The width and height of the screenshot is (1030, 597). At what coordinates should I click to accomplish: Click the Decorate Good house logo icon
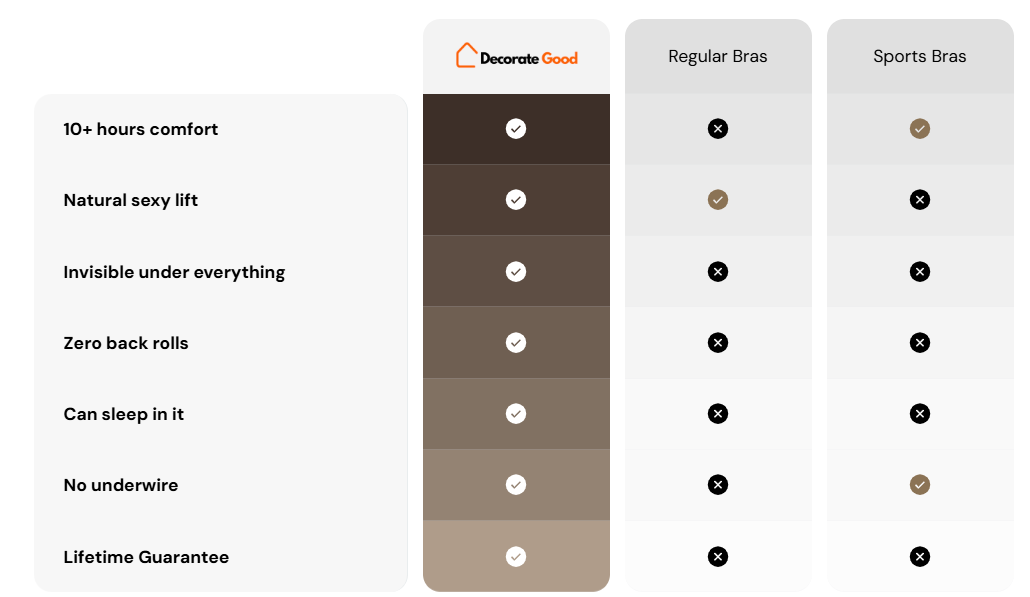tap(466, 56)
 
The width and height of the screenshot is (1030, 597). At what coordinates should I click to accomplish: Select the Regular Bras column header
tap(717, 56)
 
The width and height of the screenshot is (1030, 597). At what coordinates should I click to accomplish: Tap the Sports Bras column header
tap(920, 56)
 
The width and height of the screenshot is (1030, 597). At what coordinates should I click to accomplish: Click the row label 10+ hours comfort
tap(141, 129)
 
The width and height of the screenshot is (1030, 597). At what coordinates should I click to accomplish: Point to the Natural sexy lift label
tap(131, 200)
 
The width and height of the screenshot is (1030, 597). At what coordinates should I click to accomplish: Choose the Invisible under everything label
tap(174, 272)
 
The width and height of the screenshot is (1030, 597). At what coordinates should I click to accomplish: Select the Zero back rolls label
tap(125, 343)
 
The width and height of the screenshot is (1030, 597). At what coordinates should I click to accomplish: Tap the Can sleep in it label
tap(123, 414)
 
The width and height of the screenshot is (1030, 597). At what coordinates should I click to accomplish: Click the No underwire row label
tap(121, 485)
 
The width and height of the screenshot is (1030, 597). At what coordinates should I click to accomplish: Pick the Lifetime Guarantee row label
tap(146, 557)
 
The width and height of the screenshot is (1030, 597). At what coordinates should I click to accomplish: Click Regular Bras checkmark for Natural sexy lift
tap(718, 200)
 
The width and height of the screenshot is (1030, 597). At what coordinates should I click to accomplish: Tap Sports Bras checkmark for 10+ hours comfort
tap(920, 129)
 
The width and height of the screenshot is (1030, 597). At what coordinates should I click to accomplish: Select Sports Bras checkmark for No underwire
tap(920, 485)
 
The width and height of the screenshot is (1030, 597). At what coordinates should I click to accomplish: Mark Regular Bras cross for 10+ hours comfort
tap(718, 129)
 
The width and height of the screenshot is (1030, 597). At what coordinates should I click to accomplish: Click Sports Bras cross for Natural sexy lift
tap(920, 200)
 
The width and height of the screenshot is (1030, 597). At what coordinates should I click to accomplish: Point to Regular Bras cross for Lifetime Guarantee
tap(718, 557)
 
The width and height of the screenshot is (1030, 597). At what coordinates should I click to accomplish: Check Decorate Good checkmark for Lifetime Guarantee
tap(516, 557)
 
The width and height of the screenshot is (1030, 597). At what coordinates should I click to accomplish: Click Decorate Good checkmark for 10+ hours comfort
tap(516, 129)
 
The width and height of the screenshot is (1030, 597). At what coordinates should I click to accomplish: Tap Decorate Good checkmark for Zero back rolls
tap(516, 343)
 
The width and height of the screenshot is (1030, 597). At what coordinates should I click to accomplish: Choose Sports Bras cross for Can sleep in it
tap(920, 414)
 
